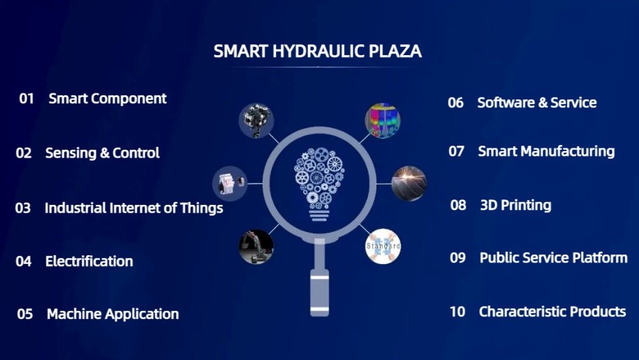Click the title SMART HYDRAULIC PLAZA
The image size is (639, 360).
pyautogui.click(x=318, y=51)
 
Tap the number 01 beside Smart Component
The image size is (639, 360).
pyautogui.click(x=27, y=98)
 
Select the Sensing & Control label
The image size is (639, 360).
pyautogui.click(x=102, y=153)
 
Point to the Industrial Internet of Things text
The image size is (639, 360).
pyautogui.click(x=133, y=208)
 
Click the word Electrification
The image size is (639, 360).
pyautogui.click(x=89, y=261)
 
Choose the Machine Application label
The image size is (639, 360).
pyautogui.click(x=113, y=314)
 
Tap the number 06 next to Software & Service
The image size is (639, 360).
pyautogui.click(x=456, y=102)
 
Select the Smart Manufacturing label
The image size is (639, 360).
pyautogui.click(x=546, y=151)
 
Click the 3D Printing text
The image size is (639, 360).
pyautogui.click(x=516, y=205)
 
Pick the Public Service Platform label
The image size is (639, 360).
pyautogui.click(x=553, y=258)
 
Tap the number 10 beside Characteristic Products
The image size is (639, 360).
pyautogui.click(x=457, y=312)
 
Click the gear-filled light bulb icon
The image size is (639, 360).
pyautogui.click(x=319, y=184)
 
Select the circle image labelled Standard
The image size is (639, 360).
pyautogui.click(x=383, y=246)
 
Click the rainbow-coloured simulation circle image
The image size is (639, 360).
pyautogui.click(x=382, y=120)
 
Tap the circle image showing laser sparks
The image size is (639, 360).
pyautogui.click(x=409, y=184)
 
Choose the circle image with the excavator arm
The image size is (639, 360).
pyautogui.click(x=256, y=246)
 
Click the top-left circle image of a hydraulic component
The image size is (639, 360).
pyautogui.click(x=256, y=120)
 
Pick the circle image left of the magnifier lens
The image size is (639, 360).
pyautogui.click(x=230, y=184)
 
